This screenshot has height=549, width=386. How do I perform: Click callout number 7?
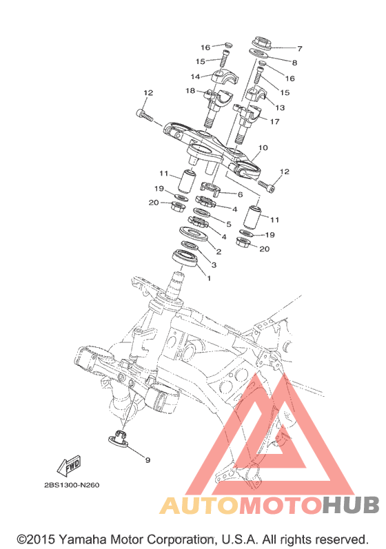point(299,48)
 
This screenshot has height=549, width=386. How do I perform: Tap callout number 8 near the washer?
point(294,63)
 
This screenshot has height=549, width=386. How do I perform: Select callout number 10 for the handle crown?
point(263,147)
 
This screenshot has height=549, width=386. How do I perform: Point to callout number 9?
point(148,459)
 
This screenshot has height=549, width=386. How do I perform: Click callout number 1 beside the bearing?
point(209,279)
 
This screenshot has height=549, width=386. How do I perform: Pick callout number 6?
point(241,194)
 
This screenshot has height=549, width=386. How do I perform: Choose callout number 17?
point(274,121)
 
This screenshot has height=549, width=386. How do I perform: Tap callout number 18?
point(190,91)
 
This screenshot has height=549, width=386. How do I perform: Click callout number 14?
point(195,76)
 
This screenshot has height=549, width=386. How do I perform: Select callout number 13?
point(280,107)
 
